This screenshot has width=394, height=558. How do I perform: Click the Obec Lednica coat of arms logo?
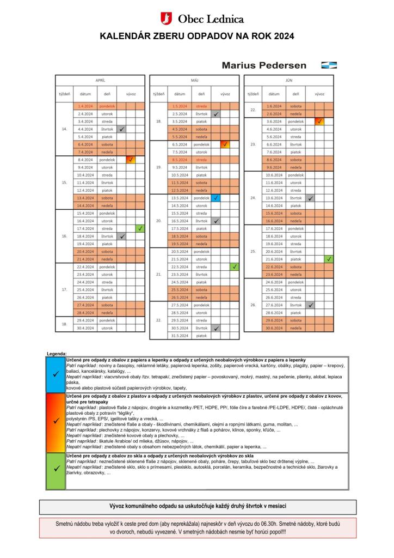coord(168,19)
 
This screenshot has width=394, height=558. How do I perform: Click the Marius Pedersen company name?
coord(264,65)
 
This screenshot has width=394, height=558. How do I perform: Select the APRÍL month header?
coord(100,80)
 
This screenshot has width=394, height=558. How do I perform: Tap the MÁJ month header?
coord(195,80)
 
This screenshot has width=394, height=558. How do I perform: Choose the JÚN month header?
coord(289,80)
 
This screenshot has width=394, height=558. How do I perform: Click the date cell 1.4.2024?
coord(85,106)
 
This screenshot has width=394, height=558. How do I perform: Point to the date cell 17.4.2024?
coord(85,228)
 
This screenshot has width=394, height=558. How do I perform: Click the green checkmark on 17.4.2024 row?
coord(140,228)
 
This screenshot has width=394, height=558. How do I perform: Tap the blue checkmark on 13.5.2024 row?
coord(216,198)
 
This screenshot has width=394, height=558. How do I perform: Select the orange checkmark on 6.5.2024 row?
coord(225,144)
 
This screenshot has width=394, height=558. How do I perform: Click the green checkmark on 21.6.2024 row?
coord(329,259)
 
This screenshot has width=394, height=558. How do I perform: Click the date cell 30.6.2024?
coord(274,328)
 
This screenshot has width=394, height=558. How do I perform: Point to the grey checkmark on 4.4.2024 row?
coord(122,129)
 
